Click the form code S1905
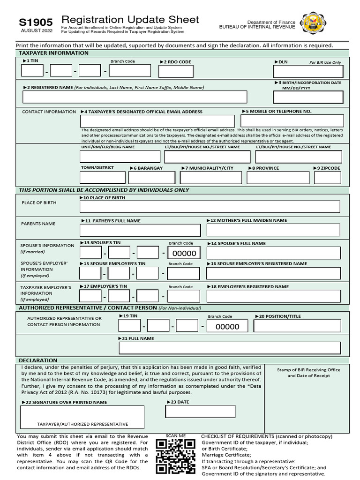(36, 22)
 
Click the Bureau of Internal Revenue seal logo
(314, 23)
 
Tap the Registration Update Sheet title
(130, 20)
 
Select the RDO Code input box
(176, 71)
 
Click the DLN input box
(308, 71)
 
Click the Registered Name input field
(135, 97)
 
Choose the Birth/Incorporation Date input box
(308, 97)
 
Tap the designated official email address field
(157, 121)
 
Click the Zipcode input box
(327, 178)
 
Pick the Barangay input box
(151, 178)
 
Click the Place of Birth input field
(210, 207)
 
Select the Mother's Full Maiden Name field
(273, 230)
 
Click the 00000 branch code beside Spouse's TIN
(184, 254)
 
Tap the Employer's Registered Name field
(273, 296)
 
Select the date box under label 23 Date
(200, 412)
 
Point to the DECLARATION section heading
(38, 360)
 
